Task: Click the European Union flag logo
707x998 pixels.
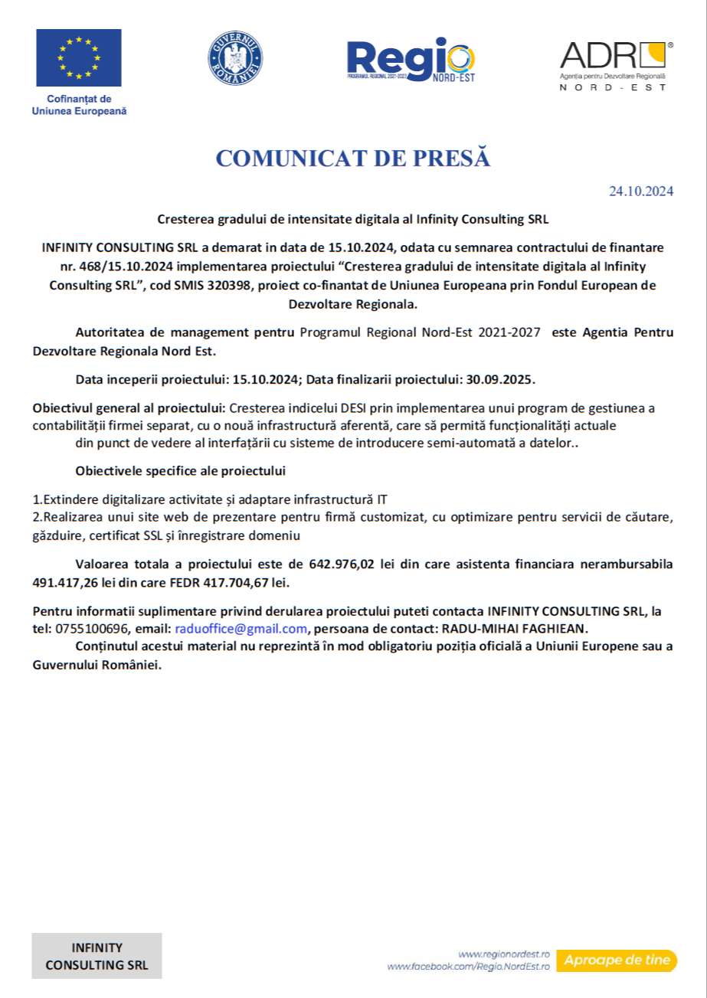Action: point(78,57)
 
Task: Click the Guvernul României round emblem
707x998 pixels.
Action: point(235,58)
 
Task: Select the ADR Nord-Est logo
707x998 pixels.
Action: point(617,65)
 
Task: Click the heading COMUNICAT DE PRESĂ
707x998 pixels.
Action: point(352,159)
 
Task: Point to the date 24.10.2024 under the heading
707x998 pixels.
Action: point(641,191)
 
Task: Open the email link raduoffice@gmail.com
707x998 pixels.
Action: point(241,629)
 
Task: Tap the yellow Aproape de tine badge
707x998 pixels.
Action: point(617,960)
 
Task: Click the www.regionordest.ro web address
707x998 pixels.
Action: point(505,954)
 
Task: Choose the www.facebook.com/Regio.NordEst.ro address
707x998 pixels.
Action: point(469,967)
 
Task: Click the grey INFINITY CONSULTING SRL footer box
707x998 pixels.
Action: point(97,956)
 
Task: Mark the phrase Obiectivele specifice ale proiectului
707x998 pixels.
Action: point(181,470)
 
